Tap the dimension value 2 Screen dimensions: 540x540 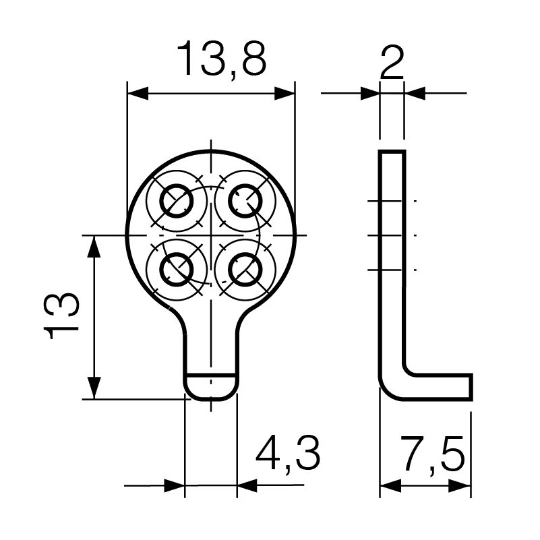tap(392, 63)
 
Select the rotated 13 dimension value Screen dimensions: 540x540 tap(61, 316)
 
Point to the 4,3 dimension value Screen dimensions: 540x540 tap(288, 452)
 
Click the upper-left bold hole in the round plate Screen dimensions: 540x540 tap(177, 201)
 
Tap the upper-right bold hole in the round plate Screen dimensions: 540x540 tap(245, 201)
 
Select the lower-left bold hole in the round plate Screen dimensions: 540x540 tap(177, 270)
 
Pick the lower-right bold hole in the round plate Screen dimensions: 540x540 tap(245, 270)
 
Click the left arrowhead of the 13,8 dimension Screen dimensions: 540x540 tap(138, 93)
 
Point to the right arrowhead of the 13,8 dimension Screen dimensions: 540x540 tap(284, 93)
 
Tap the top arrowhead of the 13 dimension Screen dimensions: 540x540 tap(94, 247)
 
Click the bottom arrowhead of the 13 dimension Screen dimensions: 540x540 tap(94, 388)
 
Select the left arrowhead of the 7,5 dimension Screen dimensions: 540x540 tap(390, 485)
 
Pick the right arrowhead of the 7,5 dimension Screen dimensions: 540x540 tap(460, 485)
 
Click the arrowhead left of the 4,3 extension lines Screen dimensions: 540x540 tap(174, 485)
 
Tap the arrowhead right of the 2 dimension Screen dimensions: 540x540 tap(415, 93)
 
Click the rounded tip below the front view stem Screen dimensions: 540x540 tap(211, 387)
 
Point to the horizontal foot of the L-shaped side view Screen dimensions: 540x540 tap(438, 387)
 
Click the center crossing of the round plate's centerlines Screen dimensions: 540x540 tap(211, 235)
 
